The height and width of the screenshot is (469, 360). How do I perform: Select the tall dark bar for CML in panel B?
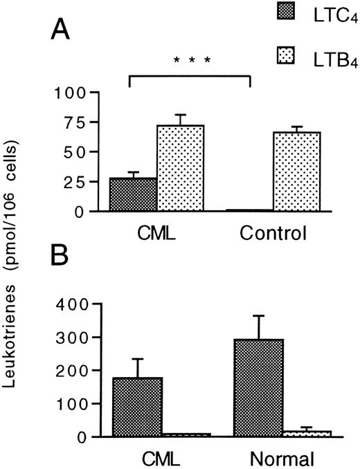[137, 407]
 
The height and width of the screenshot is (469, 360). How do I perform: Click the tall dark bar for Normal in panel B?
[259, 387]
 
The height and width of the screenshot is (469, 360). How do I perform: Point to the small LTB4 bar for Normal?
[307, 433]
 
